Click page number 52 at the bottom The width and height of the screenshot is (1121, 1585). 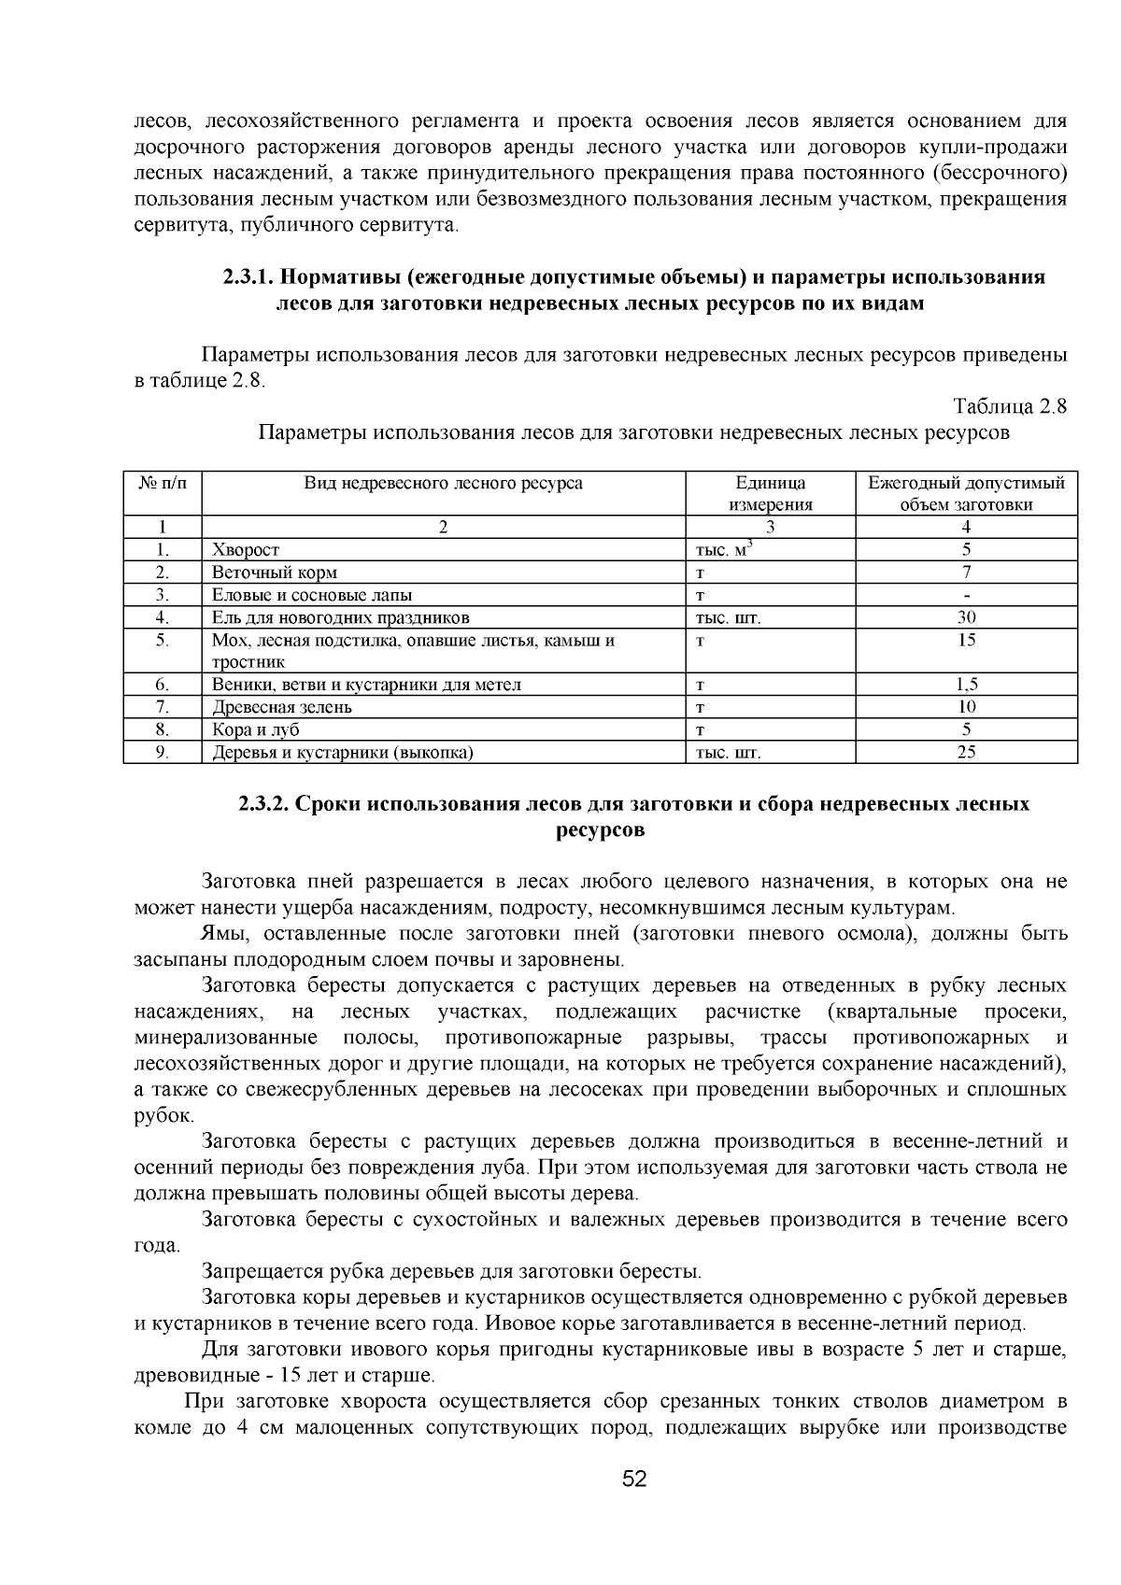point(634,1479)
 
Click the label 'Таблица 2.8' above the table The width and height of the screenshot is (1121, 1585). point(1009,406)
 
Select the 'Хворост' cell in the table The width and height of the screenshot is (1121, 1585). point(246,550)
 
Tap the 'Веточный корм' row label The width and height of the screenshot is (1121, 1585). point(275,573)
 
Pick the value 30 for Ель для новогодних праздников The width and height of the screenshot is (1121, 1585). point(966,617)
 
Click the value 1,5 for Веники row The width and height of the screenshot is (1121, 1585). point(966,685)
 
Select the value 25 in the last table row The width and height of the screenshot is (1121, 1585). point(966,752)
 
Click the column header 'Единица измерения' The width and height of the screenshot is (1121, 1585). point(770,493)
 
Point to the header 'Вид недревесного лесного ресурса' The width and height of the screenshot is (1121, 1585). point(443,483)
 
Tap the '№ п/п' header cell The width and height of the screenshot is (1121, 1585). point(163,483)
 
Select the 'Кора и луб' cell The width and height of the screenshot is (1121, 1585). point(256,729)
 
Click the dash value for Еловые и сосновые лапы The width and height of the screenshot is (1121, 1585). point(966,595)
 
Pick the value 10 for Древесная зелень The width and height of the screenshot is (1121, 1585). point(966,707)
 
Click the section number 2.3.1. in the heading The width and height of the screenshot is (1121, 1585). point(248,277)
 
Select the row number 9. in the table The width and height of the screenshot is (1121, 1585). point(162,752)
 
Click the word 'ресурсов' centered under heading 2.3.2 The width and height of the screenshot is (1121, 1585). point(600,830)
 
